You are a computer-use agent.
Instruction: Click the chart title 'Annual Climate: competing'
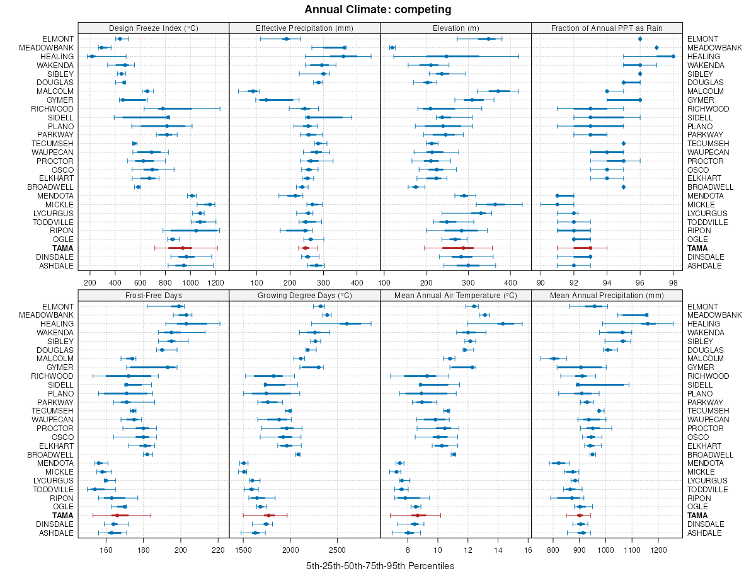click(377, 9)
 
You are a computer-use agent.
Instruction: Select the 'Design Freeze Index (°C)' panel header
click(153, 28)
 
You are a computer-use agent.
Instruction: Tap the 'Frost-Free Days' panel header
click(153, 295)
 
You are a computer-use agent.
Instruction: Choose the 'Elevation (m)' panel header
click(455, 28)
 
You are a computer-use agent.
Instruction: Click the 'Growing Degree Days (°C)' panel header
click(304, 295)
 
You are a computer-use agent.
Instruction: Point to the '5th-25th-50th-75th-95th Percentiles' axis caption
click(380, 566)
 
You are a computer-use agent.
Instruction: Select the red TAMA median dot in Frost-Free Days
click(117, 516)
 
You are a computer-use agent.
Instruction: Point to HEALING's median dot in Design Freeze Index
click(92, 57)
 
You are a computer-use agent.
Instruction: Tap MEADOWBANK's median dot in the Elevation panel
click(392, 47)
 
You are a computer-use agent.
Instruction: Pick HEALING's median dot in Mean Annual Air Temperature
click(502, 323)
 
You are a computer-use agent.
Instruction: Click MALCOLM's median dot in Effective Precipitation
click(253, 91)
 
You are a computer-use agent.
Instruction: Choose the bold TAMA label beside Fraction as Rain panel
click(697, 248)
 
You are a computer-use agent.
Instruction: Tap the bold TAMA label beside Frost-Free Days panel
click(63, 516)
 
